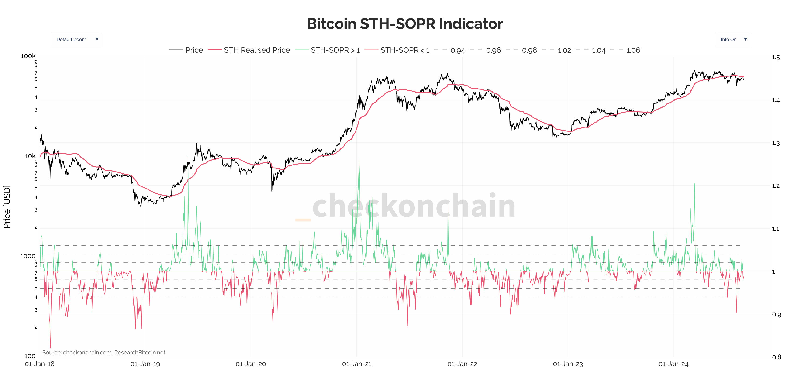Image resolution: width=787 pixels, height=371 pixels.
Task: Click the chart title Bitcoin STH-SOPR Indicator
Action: click(x=404, y=24)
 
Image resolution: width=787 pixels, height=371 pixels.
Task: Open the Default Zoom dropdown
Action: click(x=76, y=39)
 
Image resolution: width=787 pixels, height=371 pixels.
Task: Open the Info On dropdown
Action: click(x=732, y=39)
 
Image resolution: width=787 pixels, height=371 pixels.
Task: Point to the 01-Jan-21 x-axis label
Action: click(x=356, y=364)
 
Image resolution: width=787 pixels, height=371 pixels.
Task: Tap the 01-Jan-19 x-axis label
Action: click(x=145, y=364)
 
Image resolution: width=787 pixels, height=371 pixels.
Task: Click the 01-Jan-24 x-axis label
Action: click(x=673, y=364)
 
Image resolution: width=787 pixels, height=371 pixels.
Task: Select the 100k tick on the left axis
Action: click(x=28, y=56)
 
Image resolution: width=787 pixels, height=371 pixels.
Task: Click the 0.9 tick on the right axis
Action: click(x=776, y=315)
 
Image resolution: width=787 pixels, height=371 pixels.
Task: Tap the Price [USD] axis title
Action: click(x=7, y=207)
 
